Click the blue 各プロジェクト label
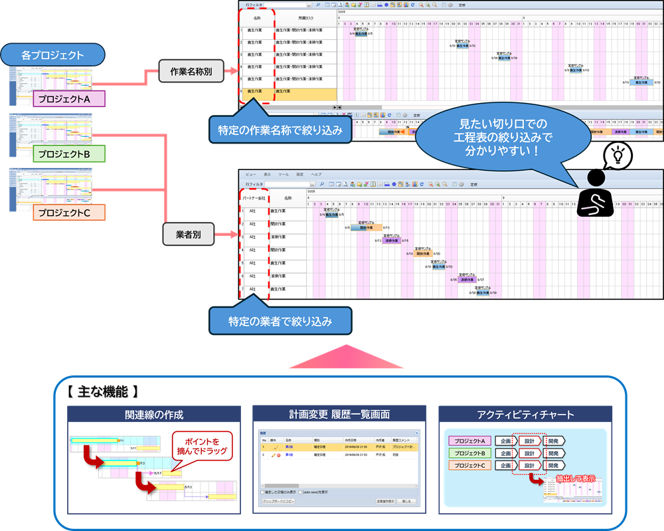pos(52,54)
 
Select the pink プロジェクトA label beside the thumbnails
pos(69,99)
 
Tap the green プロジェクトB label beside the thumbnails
pos(69,154)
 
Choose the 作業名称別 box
pos(190,70)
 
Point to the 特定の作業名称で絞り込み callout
pos(281,130)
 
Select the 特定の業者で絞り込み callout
pos(280,322)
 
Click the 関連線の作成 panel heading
pos(154,415)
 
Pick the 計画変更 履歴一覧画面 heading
pos(339,414)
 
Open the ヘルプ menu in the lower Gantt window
pos(317,175)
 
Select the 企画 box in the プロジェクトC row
pos(506,466)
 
